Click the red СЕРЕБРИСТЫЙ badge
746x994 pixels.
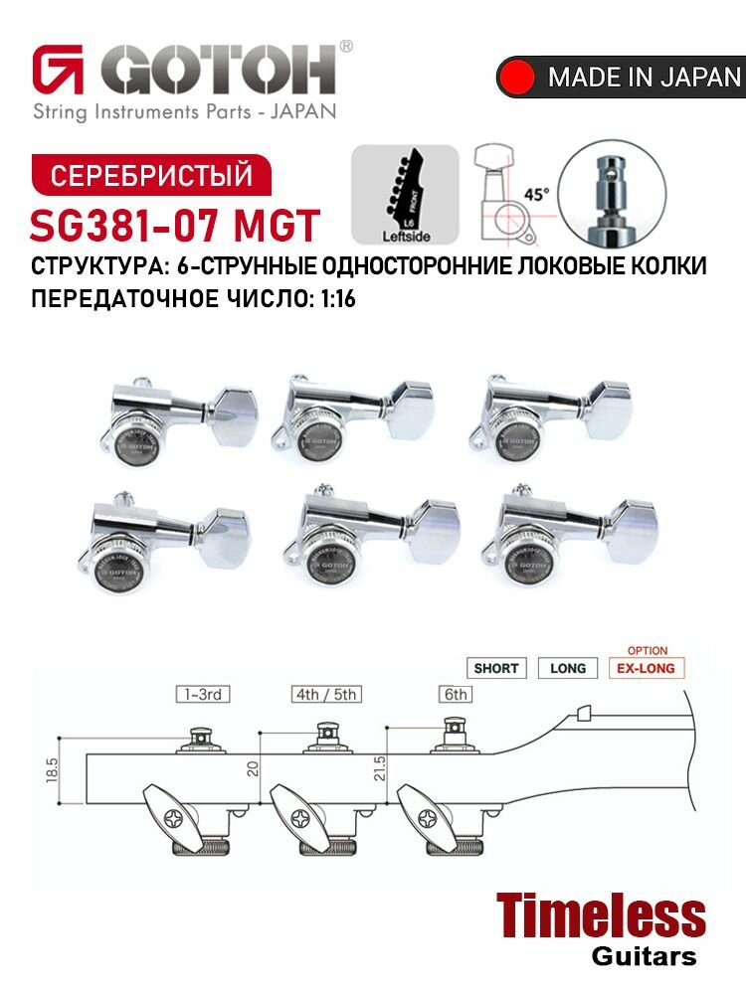tap(150, 175)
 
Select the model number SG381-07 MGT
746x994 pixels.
tap(175, 226)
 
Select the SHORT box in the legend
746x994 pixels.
tap(496, 668)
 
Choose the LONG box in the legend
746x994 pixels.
tap(567, 668)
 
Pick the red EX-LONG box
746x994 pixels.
tap(647, 668)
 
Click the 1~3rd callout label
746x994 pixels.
tap(201, 695)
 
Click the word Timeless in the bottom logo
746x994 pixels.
tap(600, 916)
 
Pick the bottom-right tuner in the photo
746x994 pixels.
tap(567, 534)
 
